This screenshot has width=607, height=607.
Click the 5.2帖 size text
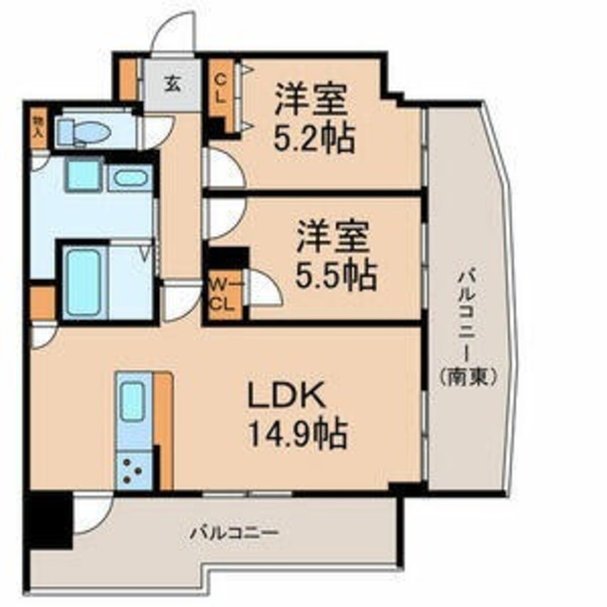tap(316, 138)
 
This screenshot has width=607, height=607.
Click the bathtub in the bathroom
tap(82, 278)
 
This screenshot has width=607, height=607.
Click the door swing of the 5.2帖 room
tap(226, 170)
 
